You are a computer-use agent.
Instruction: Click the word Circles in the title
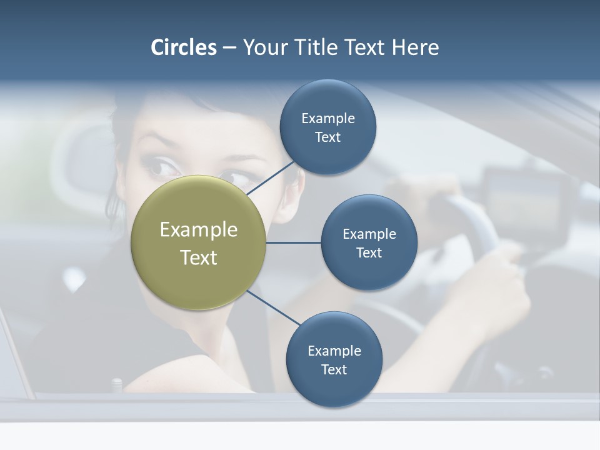(x=184, y=47)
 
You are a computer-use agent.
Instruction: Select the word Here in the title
(x=416, y=47)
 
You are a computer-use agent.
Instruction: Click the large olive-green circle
(x=199, y=242)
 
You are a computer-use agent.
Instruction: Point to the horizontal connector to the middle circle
(x=293, y=242)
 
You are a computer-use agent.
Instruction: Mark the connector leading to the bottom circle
(x=273, y=307)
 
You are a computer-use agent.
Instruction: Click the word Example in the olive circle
(x=199, y=229)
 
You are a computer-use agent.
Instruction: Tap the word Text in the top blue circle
(x=327, y=137)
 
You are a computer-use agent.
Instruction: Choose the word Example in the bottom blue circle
(x=334, y=351)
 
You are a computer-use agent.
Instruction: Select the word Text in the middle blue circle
(x=369, y=252)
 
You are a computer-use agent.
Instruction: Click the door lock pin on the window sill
(x=116, y=384)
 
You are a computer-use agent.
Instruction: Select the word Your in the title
(x=262, y=47)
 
